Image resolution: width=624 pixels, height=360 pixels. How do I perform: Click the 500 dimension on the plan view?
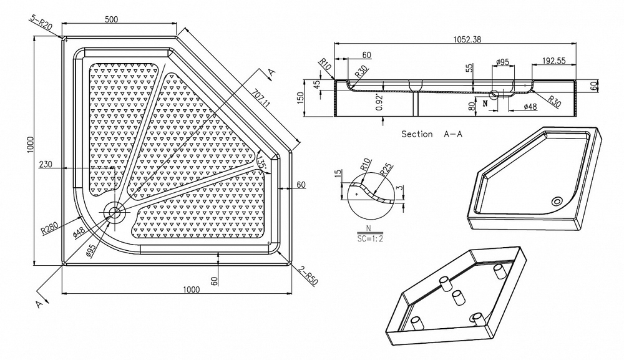(x=112, y=20)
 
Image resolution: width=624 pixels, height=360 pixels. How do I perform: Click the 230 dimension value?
(x=46, y=165)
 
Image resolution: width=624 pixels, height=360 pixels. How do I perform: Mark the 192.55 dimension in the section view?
(x=552, y=61)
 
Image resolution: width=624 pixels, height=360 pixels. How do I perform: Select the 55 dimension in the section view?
(x=469, y=69)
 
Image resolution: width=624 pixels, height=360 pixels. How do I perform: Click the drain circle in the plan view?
(x=114, y=212)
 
